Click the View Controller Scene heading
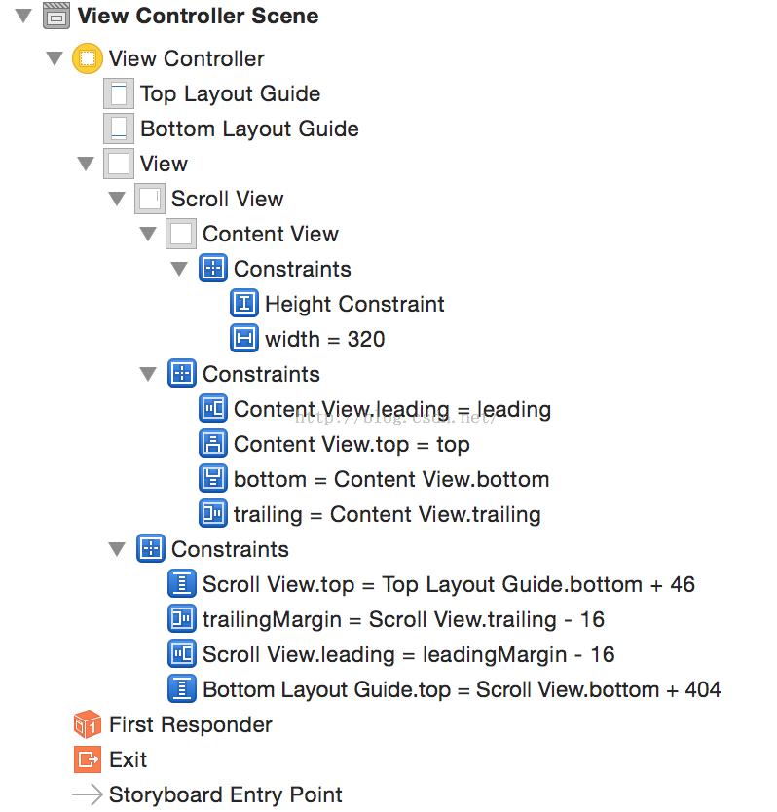(198, 17)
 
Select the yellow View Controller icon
(87, 58)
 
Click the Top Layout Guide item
(230, 94)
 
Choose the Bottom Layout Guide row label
(249, 129)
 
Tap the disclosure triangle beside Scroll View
(118, 200)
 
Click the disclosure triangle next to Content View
(148, 235)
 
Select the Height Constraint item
(354, 305)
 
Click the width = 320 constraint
(324, 340)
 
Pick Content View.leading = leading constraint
(392, 410)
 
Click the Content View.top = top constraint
(351, 445)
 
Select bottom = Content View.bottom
(391, 480)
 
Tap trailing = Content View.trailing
(387, 515)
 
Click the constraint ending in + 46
(449, 585)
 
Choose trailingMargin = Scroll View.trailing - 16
(403, 620)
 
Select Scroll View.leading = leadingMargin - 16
(408, 655)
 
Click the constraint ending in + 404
(462, 690)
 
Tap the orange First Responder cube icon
(87, 725)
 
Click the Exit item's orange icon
(87, 760)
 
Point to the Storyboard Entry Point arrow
(87, 795)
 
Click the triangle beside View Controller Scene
(24, 17)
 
